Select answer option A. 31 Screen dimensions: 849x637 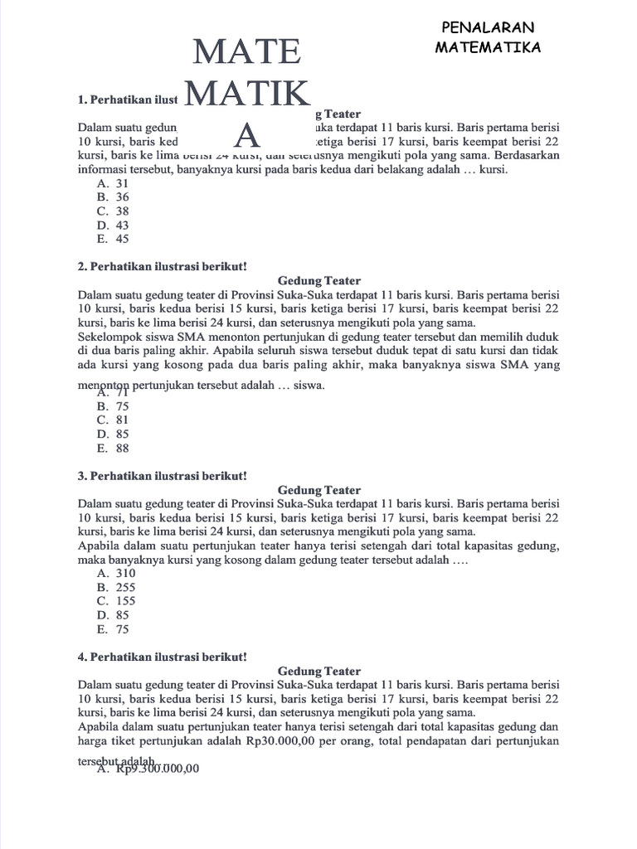point(113,182)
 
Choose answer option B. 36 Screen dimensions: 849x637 point(113,197)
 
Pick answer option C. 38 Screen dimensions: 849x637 point(113,211)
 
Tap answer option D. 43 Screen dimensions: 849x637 point(113,225)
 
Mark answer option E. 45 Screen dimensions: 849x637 point(113,239)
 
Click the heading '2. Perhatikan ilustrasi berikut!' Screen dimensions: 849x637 point(163,266)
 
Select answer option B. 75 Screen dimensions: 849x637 point(113,406)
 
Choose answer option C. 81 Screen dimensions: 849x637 point(113,420)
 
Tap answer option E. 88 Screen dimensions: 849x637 point(113,449)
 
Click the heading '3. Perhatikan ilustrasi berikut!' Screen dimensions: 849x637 point(163,476)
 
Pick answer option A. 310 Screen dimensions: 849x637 point(116,573)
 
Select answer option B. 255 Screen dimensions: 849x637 point(116,587)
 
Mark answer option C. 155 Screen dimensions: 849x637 point(116,601)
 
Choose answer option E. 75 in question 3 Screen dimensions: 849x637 point(113,629)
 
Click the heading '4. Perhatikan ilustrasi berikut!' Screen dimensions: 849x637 point(163,657)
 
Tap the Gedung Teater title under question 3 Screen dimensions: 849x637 point(319,490)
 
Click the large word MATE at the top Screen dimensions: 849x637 point(246,52)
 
